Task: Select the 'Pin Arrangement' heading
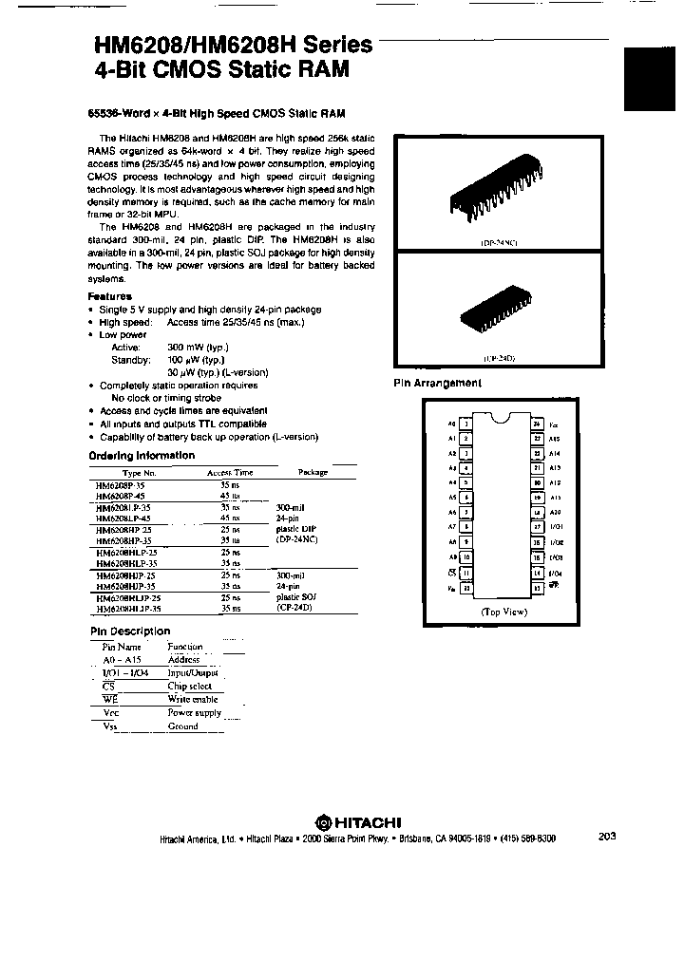click(438, 383)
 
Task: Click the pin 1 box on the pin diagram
click(465, 424)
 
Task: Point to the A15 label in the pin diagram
click(555, 439)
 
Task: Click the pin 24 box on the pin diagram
click(537, 424)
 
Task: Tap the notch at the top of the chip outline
click(501, 416)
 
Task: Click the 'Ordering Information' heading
click(142, 455)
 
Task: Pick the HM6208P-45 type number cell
click(123, 495)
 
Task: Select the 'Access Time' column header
click(230, 472)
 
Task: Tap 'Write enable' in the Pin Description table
click(193, 699)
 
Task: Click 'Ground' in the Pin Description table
click(183, 725)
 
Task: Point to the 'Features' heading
click(110, 296)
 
